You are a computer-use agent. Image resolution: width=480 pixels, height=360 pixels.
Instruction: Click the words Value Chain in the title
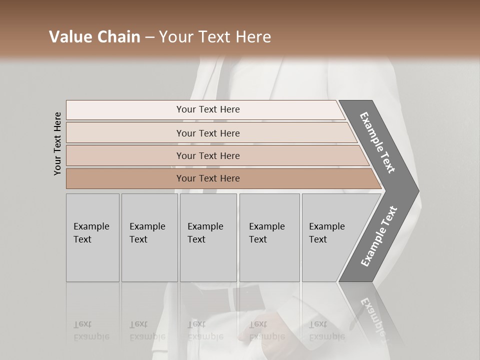tap(94, 37)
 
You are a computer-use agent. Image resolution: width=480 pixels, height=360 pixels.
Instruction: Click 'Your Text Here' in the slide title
tap(215, 37)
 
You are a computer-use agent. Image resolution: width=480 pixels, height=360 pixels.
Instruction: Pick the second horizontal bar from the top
tap(207, 133)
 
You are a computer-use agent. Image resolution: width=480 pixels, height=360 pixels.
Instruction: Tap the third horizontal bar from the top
tap(207, 155)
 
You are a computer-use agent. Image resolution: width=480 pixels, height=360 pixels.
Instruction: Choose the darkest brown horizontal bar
tap(207, 178)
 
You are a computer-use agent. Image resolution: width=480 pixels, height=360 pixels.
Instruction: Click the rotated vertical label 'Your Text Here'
tap(57, 143)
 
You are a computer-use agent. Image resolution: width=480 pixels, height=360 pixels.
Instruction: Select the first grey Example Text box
tap(92, 237)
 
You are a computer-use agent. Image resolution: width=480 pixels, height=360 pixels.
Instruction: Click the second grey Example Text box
tap(149, 237)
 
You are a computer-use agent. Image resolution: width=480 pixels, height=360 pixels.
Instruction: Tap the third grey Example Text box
tap(208, 237)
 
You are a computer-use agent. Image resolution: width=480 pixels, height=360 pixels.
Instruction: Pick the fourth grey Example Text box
tap(269, 237)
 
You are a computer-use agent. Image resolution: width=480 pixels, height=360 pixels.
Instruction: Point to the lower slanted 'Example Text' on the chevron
tap(379, 236)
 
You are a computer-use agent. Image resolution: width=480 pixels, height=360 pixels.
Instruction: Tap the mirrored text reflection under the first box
tap(91, 330)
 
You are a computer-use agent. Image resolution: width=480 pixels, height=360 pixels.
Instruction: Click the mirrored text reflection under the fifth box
tap(327, 330)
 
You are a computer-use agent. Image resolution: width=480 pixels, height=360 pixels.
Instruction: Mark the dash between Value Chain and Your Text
tap(149, 37)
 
